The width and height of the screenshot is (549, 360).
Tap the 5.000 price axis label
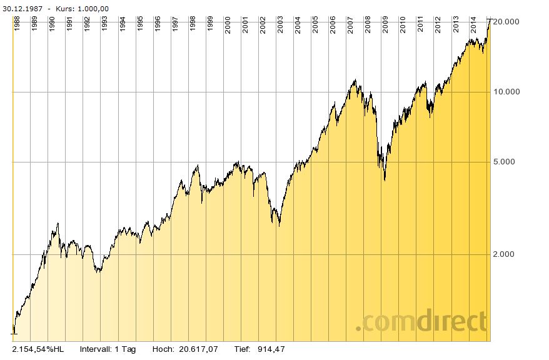(504, 162)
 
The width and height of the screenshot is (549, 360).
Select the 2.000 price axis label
(504, 254)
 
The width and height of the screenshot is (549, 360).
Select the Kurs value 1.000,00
(93, 8)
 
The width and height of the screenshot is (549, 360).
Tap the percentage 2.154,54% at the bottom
(33, 349)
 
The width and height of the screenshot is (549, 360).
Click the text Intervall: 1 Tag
(108, 349)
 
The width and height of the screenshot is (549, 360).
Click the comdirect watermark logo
(421, 322)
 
